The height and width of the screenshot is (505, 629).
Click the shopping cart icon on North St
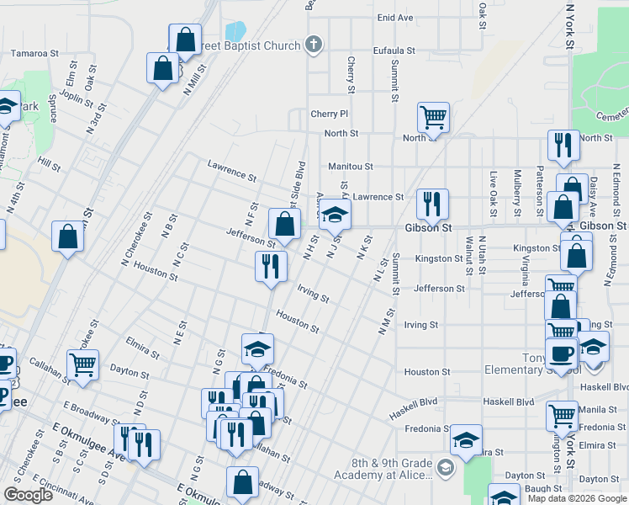click(x=433, y=117)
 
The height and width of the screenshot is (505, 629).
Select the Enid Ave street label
click(x=395, y=17)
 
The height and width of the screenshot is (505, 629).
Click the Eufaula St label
click(x=394, y=50)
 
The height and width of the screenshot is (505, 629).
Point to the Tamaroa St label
click(x=34, y=52)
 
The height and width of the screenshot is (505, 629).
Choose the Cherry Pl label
click(x=329, y=114)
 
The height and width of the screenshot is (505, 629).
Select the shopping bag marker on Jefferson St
click(x=284, y=223)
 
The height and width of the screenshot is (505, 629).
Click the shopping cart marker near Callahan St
click(x=82, y=365)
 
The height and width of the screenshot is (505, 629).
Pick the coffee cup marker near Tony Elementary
click(x=560, y=352)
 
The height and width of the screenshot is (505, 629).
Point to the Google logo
click(x=28, y=495)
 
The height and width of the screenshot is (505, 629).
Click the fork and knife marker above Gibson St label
click(x=431, y=204)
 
